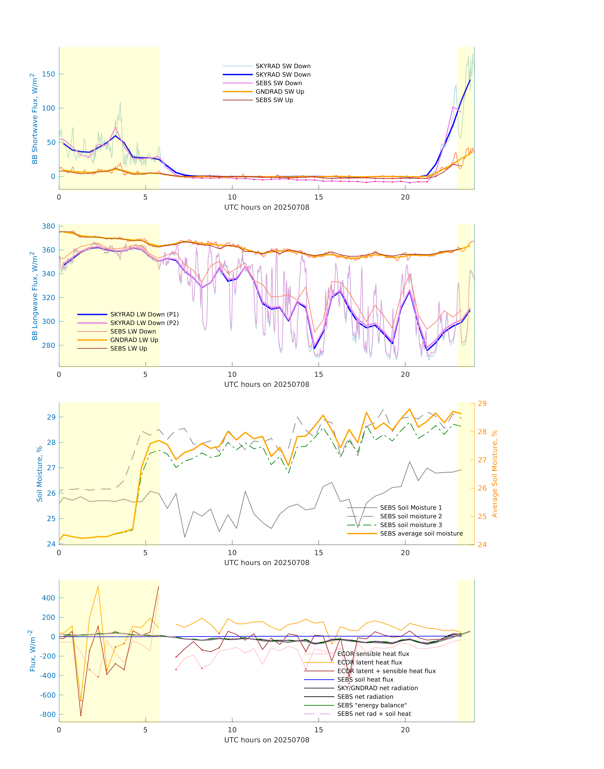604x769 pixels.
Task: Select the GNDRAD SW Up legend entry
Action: click(x=280, y=91)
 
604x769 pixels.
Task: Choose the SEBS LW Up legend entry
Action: click(x=128, y=348)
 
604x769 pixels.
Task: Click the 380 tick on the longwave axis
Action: click(x=48, y=226)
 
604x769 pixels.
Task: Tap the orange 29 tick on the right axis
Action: click(x=482, y=403)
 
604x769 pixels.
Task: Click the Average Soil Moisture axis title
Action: click(x=494, y=474)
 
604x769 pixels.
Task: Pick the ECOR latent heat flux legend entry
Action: click(x=370, y=662)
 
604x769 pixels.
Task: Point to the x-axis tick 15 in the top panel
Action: click(x=319, y=197)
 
